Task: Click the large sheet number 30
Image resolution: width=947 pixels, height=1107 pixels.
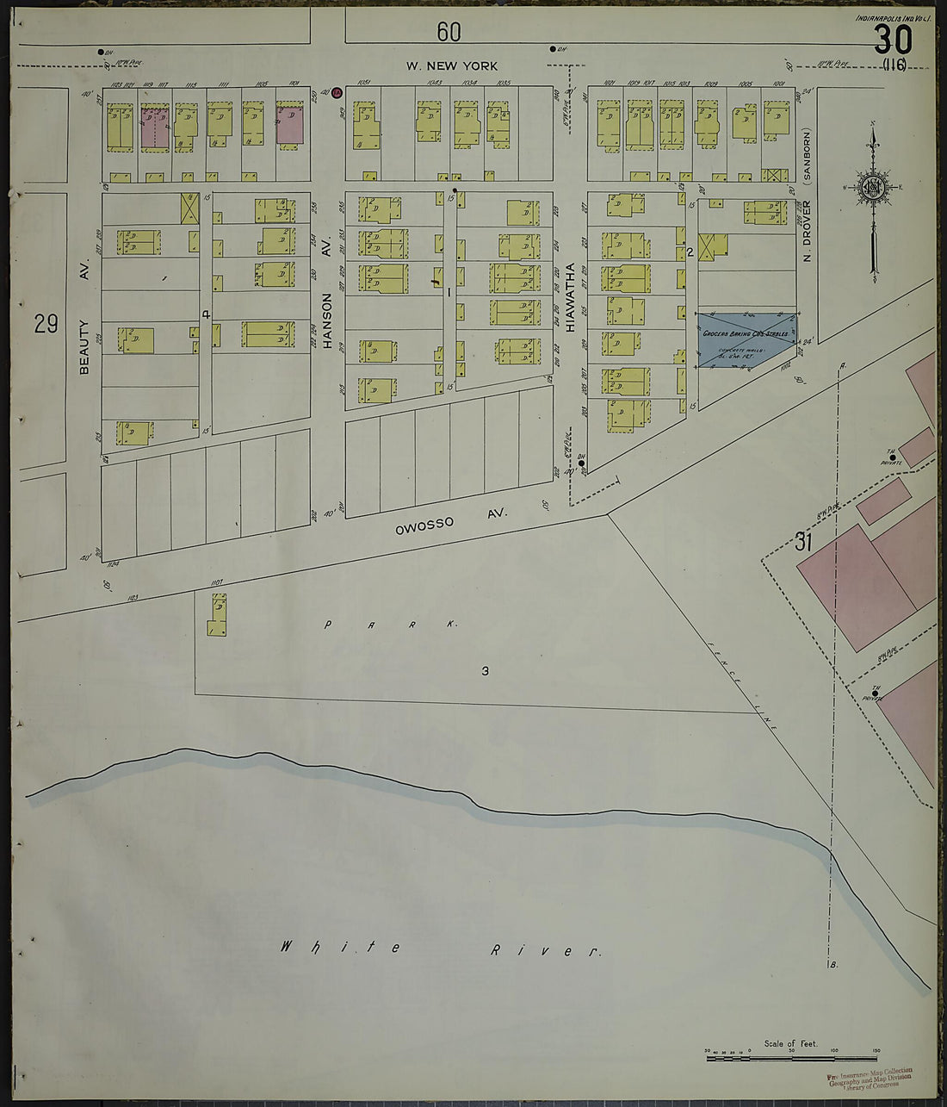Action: click(891, 40)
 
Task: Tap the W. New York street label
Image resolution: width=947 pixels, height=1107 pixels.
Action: click(452, 66)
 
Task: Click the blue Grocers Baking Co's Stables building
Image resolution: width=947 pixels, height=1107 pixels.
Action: click(746, 339)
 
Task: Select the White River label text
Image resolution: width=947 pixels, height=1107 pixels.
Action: click(439, 948)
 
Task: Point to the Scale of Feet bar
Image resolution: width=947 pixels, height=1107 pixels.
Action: click(792, 1056)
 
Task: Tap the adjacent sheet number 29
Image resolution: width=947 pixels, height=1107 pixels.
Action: click(46, 324)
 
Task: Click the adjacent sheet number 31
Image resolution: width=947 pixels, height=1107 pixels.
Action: click(804, 542)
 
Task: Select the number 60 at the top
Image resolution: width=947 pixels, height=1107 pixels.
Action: click(449, 32)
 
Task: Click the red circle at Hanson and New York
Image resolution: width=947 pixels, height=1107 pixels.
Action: click(337, 92)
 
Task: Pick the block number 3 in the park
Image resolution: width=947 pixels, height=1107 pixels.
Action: click(485, 671)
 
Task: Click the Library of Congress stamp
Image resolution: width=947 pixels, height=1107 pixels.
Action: click(870, 1078)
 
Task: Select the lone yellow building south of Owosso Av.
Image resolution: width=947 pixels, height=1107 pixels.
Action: click(216, 616)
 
